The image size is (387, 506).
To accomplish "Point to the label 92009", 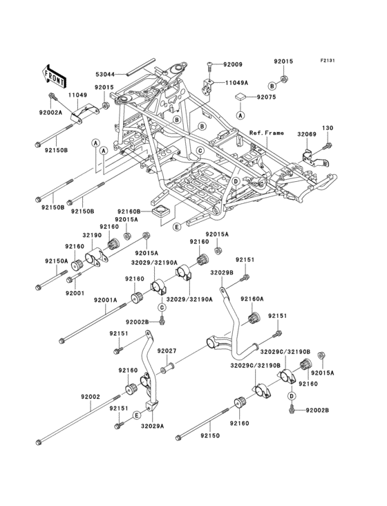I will coord(234,64).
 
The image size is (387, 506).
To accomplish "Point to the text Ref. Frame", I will coord(267,133).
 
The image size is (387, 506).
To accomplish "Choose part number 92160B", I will coord(129,211).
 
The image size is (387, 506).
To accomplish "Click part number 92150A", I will coord(57,261).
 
